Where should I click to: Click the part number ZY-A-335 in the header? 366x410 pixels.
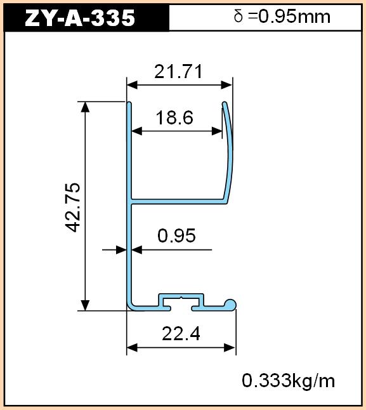80,18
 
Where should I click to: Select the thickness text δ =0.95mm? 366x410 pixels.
282,17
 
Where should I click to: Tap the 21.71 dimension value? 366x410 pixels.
178,71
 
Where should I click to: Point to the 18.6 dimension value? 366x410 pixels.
174,117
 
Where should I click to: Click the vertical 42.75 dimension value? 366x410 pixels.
72,208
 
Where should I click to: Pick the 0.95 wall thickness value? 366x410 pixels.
176,235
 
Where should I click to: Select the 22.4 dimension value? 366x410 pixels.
181,334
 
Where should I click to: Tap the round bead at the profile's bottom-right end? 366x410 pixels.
230,305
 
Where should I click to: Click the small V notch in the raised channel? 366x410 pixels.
181,298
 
